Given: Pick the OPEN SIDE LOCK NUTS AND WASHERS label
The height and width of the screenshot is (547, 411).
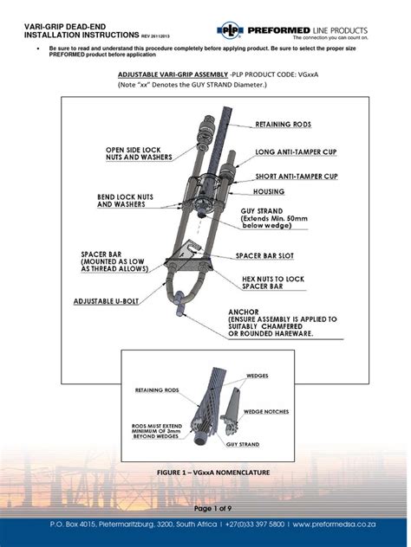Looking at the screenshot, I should coord(138,154).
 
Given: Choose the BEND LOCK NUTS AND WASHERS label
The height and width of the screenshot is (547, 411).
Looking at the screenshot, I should coord(131,201).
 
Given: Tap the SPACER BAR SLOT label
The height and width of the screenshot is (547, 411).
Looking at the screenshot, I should coord(272,256).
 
